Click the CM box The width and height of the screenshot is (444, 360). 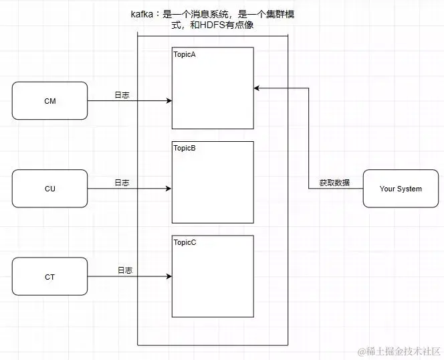49,101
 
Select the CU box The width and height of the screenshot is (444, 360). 49,189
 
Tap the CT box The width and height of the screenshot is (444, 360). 49,276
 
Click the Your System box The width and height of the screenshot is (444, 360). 401,189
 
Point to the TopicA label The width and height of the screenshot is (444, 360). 185,54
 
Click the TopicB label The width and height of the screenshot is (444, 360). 185,148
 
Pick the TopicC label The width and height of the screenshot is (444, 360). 185,242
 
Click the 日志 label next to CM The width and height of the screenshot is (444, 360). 122,96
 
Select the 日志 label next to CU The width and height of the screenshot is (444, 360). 122,183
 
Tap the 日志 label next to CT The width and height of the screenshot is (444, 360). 125,270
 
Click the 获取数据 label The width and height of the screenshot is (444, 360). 334,183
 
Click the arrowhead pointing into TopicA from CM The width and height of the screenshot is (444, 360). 169,101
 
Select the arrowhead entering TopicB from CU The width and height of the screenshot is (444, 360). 169,189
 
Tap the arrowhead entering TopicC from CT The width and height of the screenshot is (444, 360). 169,276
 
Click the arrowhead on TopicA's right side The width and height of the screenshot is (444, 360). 257,88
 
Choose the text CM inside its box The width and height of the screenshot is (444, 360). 49,101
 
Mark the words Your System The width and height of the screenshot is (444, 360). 401,189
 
